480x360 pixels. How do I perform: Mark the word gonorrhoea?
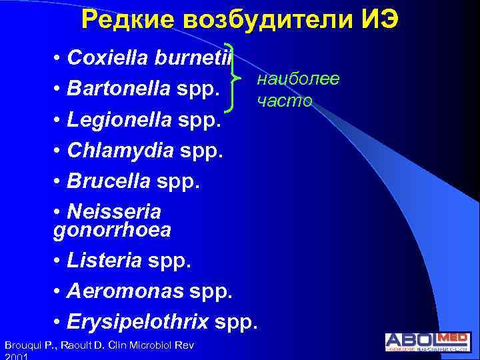(x=111, y=230)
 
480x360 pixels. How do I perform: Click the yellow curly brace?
(x=233, y=79)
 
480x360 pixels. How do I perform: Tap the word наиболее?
(x=298, y=79)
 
